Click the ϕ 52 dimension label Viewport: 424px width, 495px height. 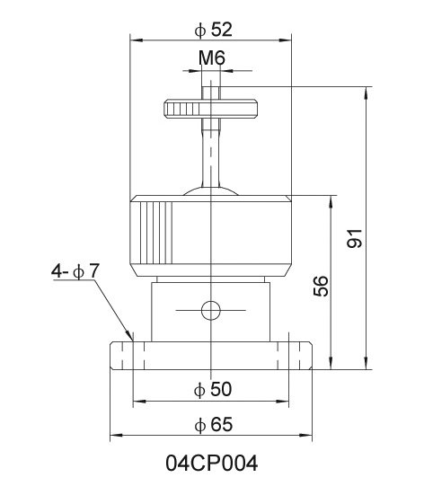tap(214, 30)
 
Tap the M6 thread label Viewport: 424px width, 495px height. tap(212, 58)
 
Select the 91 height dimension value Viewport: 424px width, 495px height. tap(354, 238)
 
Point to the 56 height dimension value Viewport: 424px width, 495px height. tap(321, 286)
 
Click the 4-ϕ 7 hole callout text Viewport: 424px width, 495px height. tap(75, 271)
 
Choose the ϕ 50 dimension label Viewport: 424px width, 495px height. tap(213, 389)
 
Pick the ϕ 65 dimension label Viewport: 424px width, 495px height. tap(214, 424)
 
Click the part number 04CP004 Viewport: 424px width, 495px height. tap(212, 464)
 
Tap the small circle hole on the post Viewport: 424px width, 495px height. tap(211, 310)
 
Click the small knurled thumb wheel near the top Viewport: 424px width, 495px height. tap(211, 109)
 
